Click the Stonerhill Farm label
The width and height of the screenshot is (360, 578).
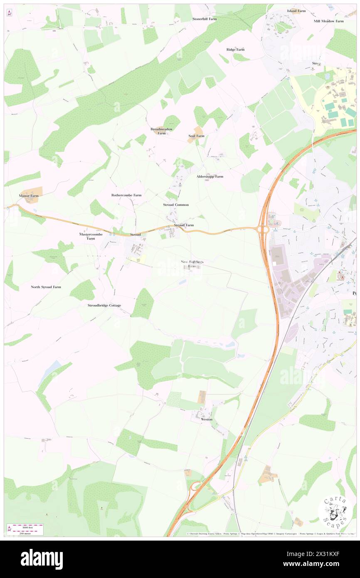click(205, 19)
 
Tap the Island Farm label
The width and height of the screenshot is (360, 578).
click(296, 11)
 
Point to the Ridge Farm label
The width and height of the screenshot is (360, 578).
click(235, 49)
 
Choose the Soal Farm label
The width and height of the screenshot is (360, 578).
click(196, 136)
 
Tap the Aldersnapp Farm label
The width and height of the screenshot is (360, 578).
click(210, 176)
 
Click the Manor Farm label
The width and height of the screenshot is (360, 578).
click(29, 195)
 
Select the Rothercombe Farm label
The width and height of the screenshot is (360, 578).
click(126, 195)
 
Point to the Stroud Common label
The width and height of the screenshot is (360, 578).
click(176, 205)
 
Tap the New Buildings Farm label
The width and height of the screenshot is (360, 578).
click(192, 264)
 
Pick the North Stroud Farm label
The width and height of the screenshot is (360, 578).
click(46, 287)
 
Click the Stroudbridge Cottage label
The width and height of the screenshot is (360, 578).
click(104, 305)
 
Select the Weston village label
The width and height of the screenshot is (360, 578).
click(207, 419)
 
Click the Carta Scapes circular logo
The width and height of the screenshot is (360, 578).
click(335, 511)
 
